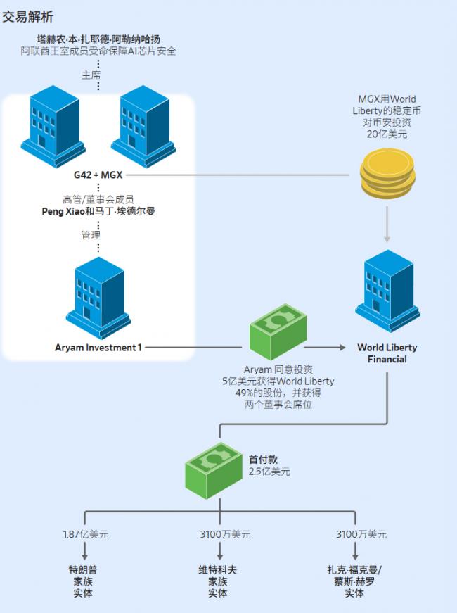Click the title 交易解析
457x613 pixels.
(x=28, y=16)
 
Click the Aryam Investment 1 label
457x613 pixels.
(x=98, y=347)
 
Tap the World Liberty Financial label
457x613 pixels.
(x=387, y=353)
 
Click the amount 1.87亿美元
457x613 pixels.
(x=86, y=535)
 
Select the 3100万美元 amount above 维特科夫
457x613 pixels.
(x=219, y=535)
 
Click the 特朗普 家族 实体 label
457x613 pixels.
(x=82, y=581)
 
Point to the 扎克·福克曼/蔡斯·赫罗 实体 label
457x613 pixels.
(x=354, y=581)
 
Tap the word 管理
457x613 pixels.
(x=91, y=235)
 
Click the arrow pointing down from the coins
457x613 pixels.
(x=386, y=229)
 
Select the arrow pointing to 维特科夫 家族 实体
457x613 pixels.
(x=219, y=554)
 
